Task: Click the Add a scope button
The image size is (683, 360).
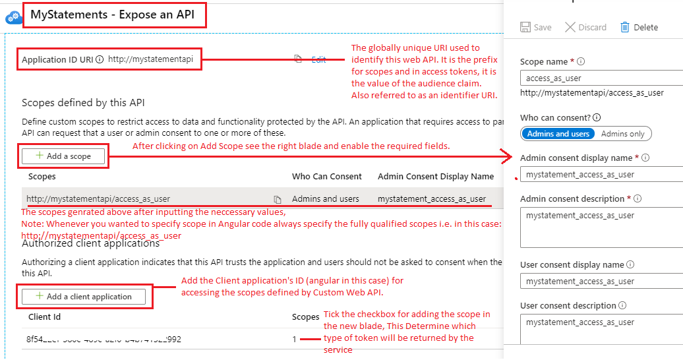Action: pos(65,156)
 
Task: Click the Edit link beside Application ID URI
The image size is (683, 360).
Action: pos(318,59)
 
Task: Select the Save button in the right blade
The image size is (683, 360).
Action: pos(536,27)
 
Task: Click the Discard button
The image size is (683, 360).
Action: pos(585,27)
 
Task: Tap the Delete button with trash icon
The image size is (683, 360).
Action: pos(639,27)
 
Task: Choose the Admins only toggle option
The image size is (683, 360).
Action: pos(623,134)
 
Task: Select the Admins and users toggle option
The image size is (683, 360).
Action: pos(558,134)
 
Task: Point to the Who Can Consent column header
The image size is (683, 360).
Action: pos(327,177)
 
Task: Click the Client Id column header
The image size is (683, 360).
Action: pos(44,317)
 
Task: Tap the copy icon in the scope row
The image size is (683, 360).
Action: pos(278,199)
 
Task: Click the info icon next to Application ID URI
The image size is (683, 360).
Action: pos(100,59)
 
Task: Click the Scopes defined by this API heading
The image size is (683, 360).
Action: pos(83,103)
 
